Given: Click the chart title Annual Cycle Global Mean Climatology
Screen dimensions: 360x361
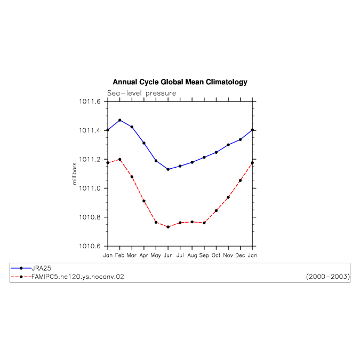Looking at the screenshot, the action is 180,82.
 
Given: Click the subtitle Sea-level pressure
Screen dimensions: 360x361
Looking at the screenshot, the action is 141,93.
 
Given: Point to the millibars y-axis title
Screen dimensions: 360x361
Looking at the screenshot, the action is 75,174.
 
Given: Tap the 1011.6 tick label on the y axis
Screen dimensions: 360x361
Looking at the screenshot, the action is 90,101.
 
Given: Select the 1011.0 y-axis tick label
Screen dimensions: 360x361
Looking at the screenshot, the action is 90,189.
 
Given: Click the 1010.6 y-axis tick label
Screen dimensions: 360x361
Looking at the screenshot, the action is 90,246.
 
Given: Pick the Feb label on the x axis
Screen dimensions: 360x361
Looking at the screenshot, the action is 119,255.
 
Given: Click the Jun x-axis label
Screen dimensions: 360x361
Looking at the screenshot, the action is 168,255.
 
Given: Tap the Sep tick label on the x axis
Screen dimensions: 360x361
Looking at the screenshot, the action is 204,256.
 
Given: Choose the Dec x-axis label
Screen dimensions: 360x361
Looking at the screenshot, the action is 240,255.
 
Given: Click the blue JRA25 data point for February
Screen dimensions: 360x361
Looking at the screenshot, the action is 120,120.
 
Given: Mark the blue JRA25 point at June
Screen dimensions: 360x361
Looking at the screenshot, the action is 168,169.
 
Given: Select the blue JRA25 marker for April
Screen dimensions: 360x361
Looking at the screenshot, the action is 144,143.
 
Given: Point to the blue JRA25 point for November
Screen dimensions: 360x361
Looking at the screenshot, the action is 228,145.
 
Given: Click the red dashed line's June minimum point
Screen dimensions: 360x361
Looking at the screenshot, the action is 168,227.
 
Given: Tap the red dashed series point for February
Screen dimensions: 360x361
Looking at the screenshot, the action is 120,159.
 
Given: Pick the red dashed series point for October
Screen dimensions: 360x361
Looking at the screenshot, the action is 216,210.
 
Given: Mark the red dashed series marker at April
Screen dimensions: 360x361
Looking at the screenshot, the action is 144,201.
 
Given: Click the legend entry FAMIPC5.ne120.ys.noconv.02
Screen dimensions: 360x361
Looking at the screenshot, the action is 78,277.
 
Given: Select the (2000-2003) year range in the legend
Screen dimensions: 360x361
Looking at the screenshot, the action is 328,277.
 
